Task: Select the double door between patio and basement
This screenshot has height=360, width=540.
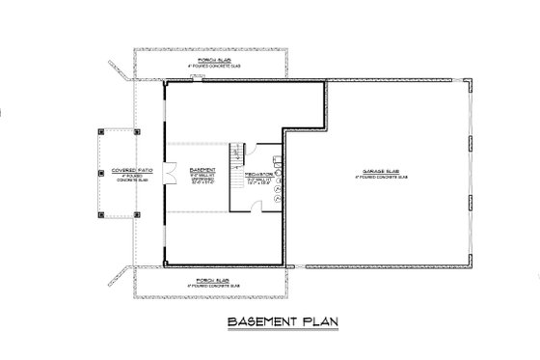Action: point(169,175)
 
